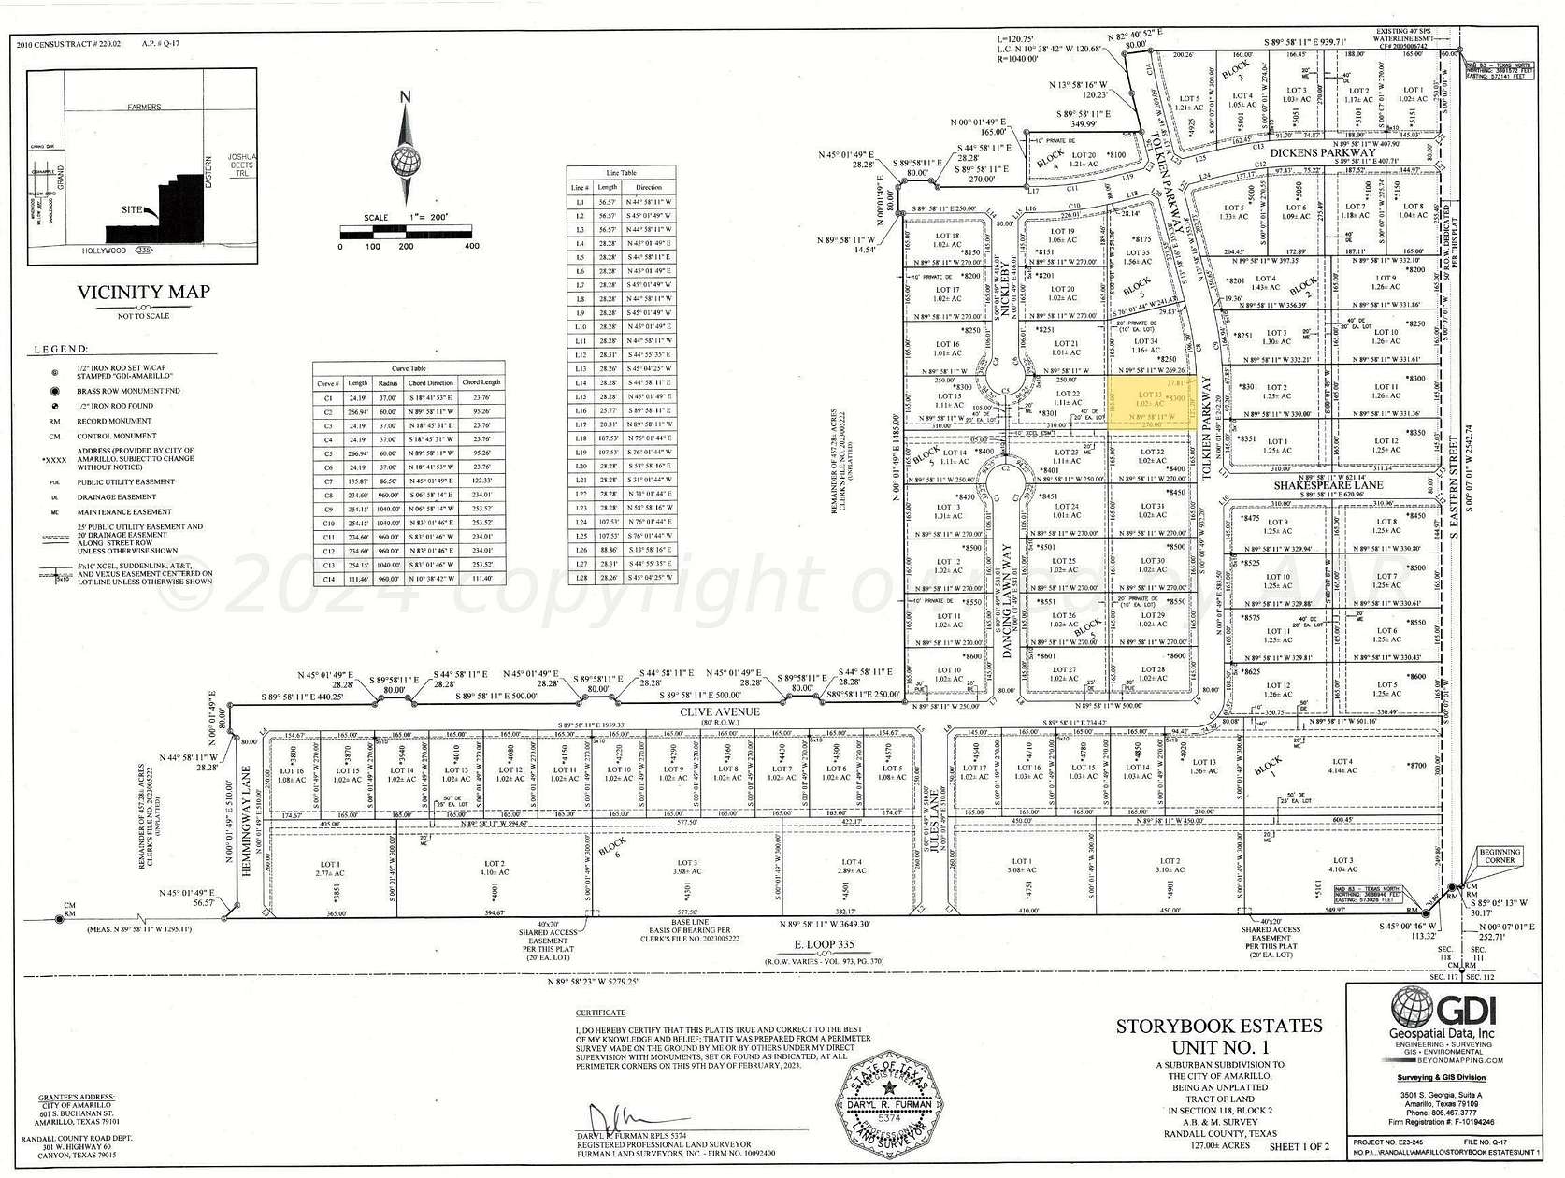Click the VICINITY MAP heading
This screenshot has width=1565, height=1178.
(143, 292)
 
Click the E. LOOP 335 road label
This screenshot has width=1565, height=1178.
(823, 944)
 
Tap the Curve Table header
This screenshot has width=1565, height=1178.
(409, 369)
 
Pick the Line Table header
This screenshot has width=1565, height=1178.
(621, 173)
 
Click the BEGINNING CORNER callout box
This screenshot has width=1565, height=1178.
(1499, 855)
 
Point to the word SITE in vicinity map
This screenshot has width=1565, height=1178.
(132, 209)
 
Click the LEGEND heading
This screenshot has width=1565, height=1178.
(61, 349)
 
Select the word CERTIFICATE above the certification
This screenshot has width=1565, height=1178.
(600, 1013)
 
